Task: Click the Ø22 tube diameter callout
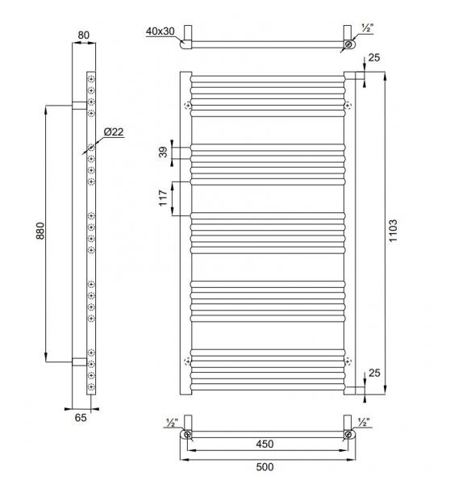pos(112,132)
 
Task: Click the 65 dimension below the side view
pos(81,417)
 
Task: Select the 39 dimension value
pos(165,153)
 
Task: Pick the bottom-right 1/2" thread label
pos(365,422)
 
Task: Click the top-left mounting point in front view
pos(189,106)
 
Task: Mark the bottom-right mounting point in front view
pos(348,361)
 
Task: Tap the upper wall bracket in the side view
pos(78,105)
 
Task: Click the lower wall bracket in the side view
pos(78,361)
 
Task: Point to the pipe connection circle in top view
pos(348,45)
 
